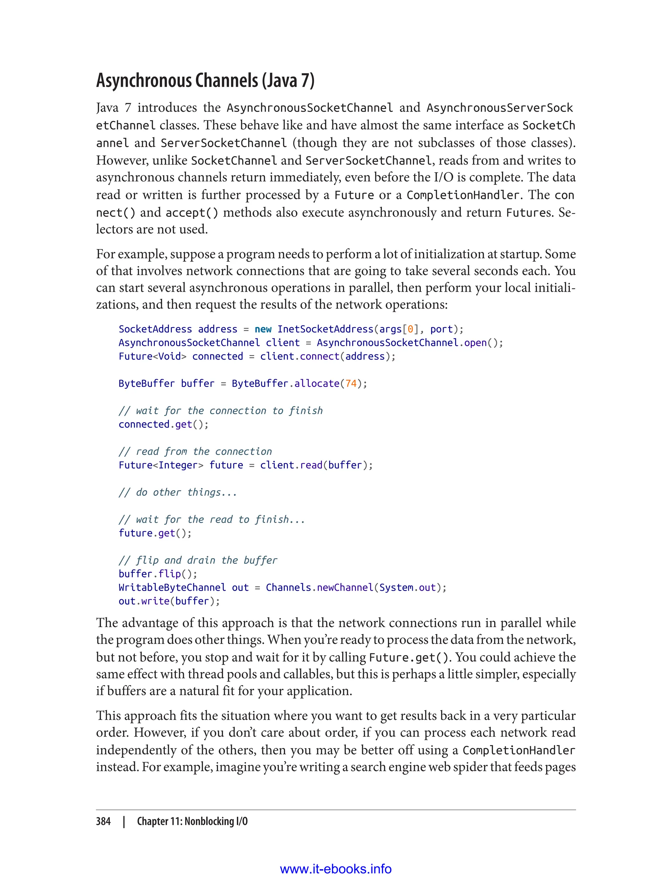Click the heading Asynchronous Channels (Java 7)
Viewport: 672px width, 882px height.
205,80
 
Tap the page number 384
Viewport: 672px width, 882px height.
103,821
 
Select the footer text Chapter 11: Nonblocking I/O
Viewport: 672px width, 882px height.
192,821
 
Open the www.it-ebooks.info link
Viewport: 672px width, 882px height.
336,869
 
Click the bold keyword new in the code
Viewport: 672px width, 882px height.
263,329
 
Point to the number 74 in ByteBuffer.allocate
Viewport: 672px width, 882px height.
351,384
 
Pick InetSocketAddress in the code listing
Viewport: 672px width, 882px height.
325,329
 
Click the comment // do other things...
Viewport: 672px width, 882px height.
178,493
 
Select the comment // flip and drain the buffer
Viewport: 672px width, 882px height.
198,560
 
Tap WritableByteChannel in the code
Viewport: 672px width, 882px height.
172,588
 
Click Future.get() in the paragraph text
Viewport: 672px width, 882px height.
410,658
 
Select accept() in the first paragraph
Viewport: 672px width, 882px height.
192,212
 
